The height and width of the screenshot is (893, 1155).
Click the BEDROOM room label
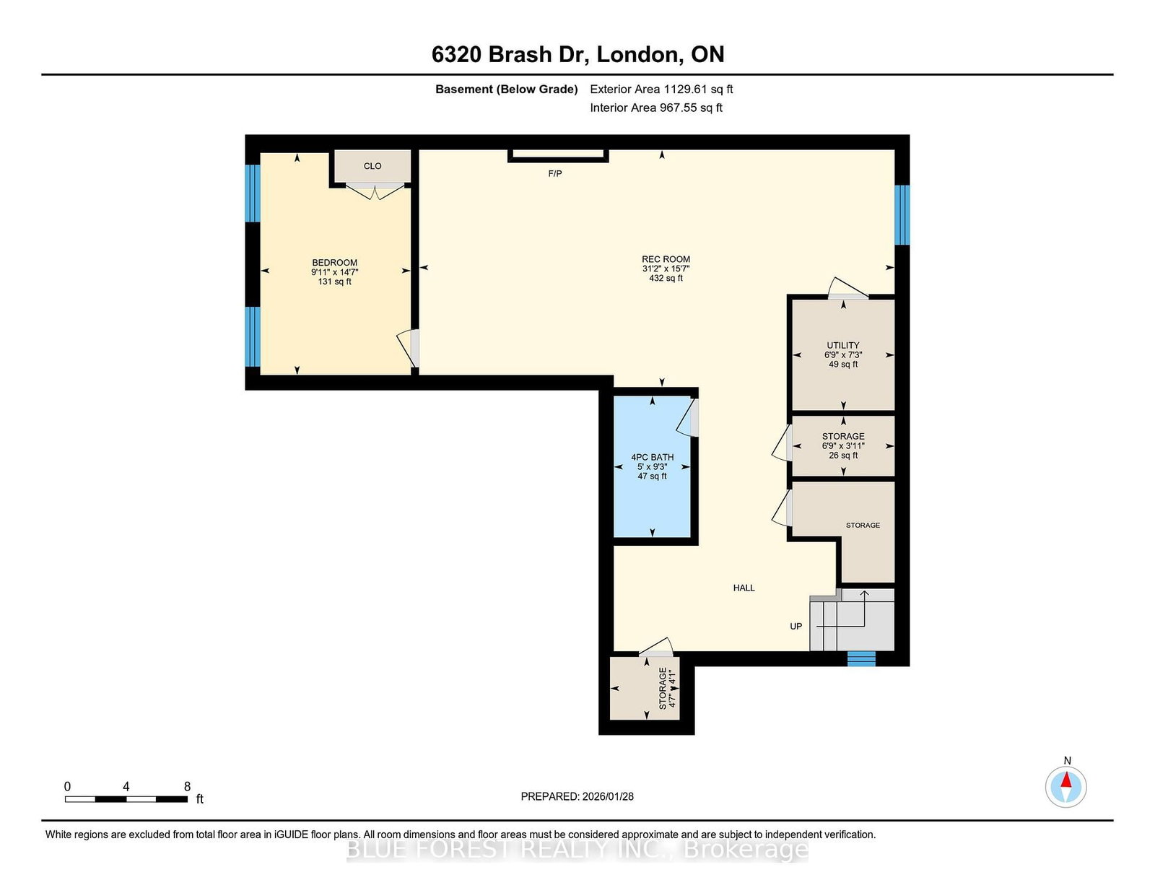pyautogui.click(x=334, y=263)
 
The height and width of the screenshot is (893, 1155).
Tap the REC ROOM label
pyautogui.click(x=666, y=259)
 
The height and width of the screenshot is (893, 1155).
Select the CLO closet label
pyautogui.click(x=372, y=166)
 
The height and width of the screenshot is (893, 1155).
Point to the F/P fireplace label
pyautogui.click(x=555, y=173)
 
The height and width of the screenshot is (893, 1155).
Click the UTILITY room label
pyautogui.click(x=843, y=346)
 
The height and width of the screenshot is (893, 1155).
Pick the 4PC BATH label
pyautogui.click(x=652, y=457)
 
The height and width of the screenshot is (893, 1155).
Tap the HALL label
pyautogui.click(x=744, y=588)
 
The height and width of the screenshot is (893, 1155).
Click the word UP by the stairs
pyautogui.click(x=796, y=626)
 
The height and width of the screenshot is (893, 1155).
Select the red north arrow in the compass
pyautogui.click(x=1065, y=780)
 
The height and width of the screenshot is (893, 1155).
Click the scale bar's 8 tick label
pyautogui.click(x=187, y=787)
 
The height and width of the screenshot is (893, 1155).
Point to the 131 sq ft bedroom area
pyautogui.click(x=334, y=282)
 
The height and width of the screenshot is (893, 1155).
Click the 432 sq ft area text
pyautogui.click(x=666, y=278)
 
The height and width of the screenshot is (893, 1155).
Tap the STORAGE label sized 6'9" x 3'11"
pyautogui.click(x=843, y=437)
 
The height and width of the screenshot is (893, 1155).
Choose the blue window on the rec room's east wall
pyautogui.click(x=902, y=214)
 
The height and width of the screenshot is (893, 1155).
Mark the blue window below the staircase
pyautogui.click(x=861, y=658)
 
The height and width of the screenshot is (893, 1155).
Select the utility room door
pyautogui.click(x=848, y=289)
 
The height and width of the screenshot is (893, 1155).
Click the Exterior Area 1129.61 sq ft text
pyautogui.click(x=661, y=90)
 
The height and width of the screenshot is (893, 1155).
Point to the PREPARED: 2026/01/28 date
pyautogui.click(x=577, y=796)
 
